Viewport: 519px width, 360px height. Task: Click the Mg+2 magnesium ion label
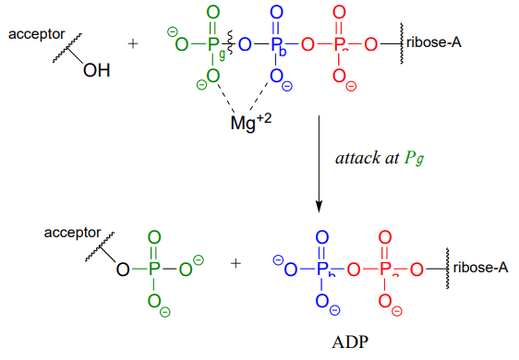click(x=251, y=122)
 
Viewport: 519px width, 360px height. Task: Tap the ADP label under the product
click(x=350, y=342)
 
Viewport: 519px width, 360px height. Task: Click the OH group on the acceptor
click(x=97, y=70)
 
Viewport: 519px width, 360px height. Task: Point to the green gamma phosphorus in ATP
click(x=213, y=43)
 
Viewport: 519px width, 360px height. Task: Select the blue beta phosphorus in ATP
click(x=276, y=43)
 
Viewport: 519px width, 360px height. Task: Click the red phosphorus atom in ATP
click(x=339, y=43)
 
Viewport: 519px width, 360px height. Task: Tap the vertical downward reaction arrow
click(x=319, y=163)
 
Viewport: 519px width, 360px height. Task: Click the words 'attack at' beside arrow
click(x=368, y=158)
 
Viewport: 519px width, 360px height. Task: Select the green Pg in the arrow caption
click(x=414, y=159)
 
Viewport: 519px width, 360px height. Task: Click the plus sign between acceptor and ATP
click(x=133, y=43)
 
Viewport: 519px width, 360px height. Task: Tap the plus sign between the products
click(x=235, y=264)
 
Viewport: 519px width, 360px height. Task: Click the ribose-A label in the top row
click(x=434, y=42)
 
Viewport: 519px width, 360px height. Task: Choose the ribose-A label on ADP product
click(x=480, y=268)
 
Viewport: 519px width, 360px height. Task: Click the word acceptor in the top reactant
click(x=37, y=35)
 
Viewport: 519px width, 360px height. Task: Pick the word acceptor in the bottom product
click(x=72, y=233)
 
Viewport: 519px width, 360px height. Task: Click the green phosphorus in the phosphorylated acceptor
click(x=154, y=269)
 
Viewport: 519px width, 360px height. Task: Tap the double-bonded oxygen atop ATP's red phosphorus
click(x=339, y=13)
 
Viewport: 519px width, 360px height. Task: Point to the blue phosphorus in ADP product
click(x=322, y=269)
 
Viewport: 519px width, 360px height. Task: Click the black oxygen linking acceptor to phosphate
click(x=123, y=270)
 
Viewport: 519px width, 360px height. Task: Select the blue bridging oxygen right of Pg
click(x=245, y=44)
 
